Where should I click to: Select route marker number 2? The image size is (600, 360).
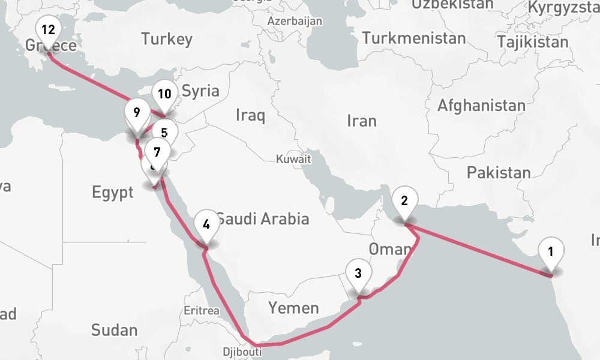(404, 202)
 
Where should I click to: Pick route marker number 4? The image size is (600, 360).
(206, 226)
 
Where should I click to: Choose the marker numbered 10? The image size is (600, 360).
(165, 95)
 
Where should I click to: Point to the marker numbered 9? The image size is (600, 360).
(137, 113)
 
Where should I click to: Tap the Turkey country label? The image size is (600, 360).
(167, 40)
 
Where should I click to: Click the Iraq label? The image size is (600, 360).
(250, 115)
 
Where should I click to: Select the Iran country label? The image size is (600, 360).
(362, 121)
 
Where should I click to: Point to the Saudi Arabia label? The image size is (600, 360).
(263, 219)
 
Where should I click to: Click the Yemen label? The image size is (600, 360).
(293, 308)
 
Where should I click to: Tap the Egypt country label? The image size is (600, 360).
(113, 193)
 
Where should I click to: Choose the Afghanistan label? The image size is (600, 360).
(481, 106)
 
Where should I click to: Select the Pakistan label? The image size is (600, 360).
(499, 173)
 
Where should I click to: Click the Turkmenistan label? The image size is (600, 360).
(414, 39)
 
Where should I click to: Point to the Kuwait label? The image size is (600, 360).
(293, 160)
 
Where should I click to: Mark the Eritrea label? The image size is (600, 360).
(202, 310)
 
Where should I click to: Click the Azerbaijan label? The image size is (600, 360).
(295, 21)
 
